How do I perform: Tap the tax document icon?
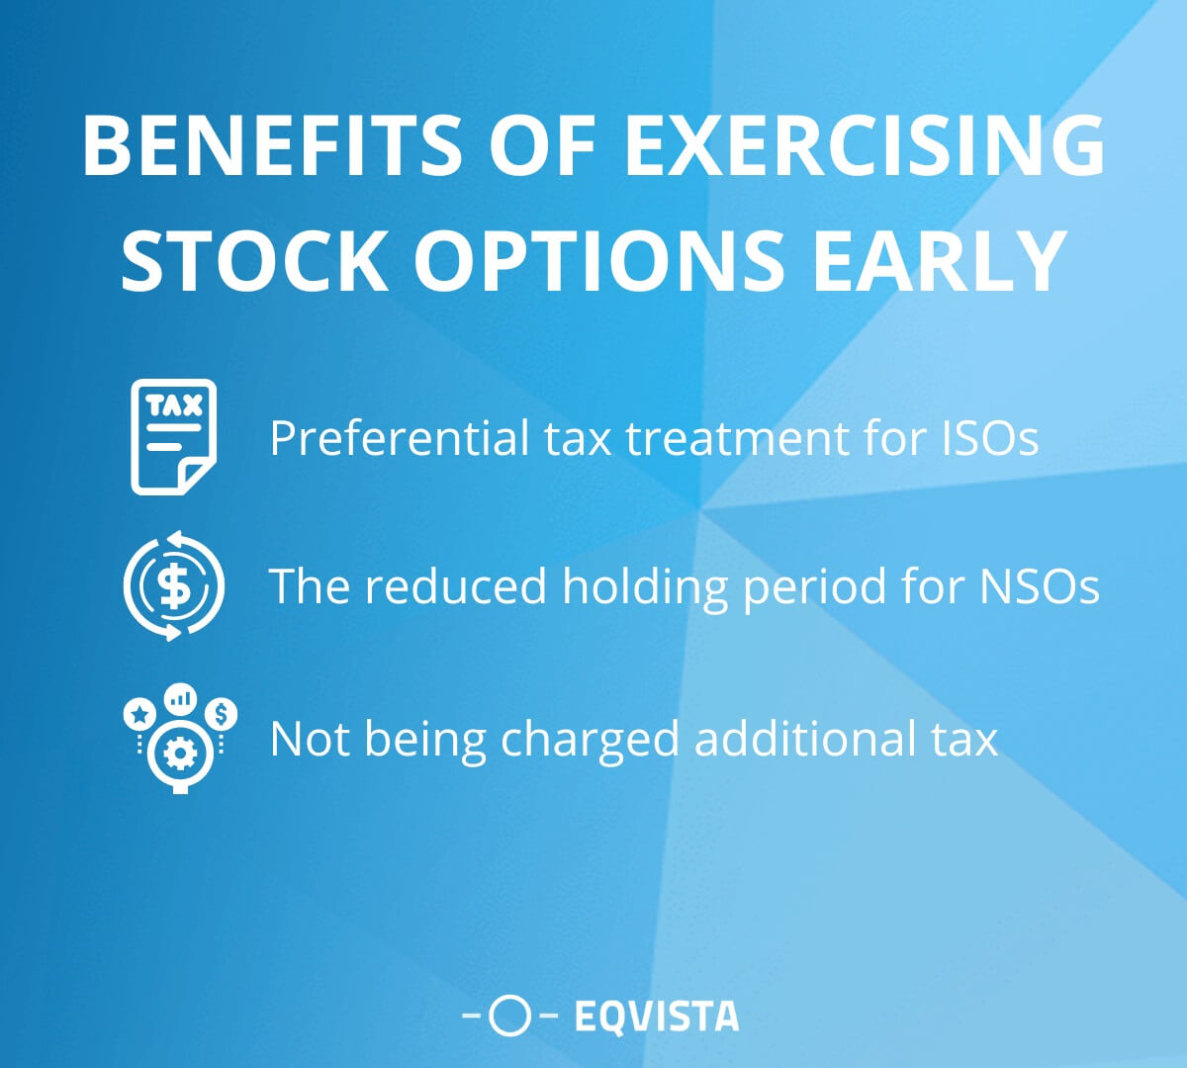coord(173,436)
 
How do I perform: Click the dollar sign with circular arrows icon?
coord(173,585)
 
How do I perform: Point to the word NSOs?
coord(1040,585)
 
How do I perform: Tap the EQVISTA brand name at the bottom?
coord(656,1016)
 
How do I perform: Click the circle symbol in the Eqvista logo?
coord(510,1016)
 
